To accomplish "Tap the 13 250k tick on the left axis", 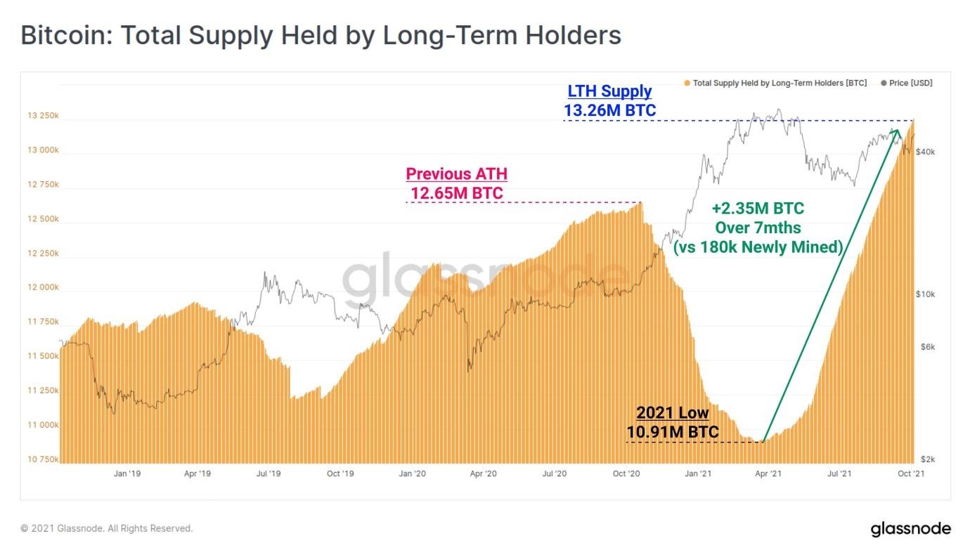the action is (43, 116).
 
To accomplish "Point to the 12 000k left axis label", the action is (43, 287).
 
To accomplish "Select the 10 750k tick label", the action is (43, 459).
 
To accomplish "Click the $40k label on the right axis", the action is (926, 152).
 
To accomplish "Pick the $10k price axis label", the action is (926, 294).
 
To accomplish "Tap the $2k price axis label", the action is (928, 459).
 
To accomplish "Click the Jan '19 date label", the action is (127, 473).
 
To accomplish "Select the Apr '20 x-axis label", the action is (484, 473).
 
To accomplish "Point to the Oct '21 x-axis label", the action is (911, 473).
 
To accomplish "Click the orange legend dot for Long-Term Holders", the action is (687, 83).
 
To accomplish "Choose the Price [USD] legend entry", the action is (907, 83).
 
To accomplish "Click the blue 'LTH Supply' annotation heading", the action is (609, 91).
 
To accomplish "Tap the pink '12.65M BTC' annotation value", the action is (457, 193).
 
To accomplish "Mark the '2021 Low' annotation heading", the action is (673, 412).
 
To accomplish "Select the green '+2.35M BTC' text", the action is (758, 209).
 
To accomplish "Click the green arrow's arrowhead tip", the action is (897, 129).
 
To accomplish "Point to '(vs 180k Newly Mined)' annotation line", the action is (758, 247).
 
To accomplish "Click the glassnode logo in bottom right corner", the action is (911, 529).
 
